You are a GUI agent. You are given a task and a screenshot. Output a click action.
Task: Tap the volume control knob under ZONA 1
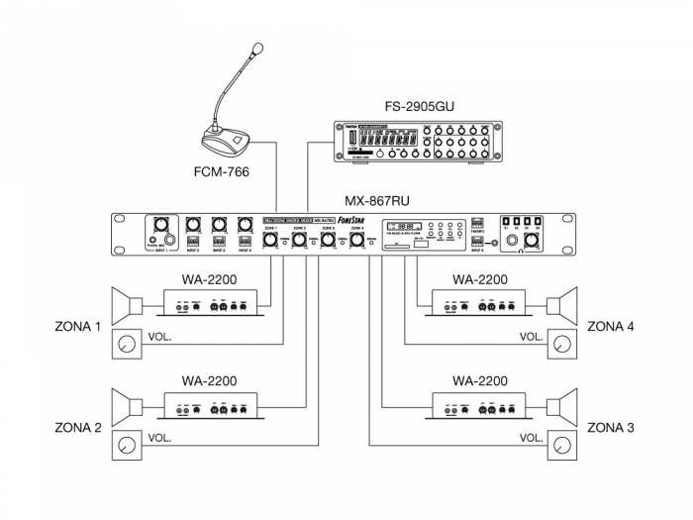coord(127,345)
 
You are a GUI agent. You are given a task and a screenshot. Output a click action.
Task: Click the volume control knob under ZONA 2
coord(127,446)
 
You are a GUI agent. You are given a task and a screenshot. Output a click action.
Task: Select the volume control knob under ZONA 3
coord(565,446)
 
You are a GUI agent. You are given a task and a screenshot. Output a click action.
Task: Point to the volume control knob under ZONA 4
coord(565,345)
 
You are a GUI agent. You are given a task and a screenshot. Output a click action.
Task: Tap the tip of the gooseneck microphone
coord(260,47)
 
